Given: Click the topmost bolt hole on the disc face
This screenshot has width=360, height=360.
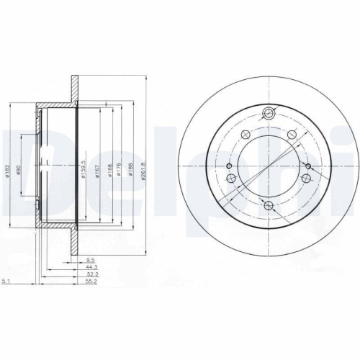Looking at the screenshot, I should point(269,112).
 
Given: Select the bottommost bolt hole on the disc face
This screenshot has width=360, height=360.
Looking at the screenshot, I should point(269,207).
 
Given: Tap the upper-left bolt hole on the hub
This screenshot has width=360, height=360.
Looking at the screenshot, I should point(245,134).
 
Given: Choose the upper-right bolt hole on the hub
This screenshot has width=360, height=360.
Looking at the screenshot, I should point(294,134).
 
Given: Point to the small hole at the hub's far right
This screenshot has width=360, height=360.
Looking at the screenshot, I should point(307,168).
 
